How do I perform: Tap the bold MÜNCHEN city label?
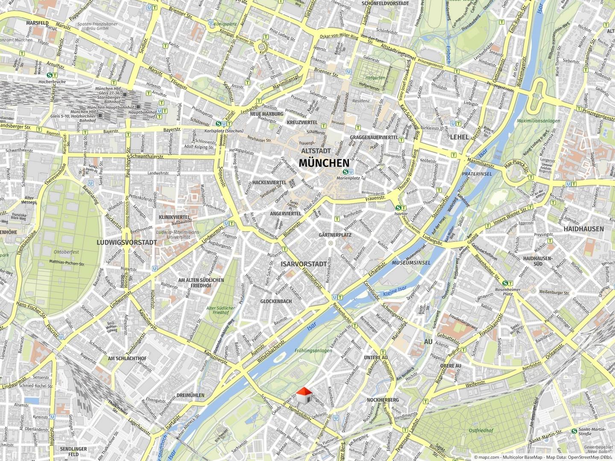[324, 163]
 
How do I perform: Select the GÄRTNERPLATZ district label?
[335, 235]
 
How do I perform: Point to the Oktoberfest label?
[66, 252]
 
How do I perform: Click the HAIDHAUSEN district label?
[583, 229]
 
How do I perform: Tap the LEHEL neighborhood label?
[460, 137]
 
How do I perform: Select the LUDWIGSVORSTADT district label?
[120, 242]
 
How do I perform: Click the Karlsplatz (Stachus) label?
[224, 131]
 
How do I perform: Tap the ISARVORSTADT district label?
[303, 264]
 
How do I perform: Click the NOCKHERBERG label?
[383, 400]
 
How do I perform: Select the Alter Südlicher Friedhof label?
[221, 310]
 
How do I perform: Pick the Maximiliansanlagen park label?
[538, 121]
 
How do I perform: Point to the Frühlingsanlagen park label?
[313, 350]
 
